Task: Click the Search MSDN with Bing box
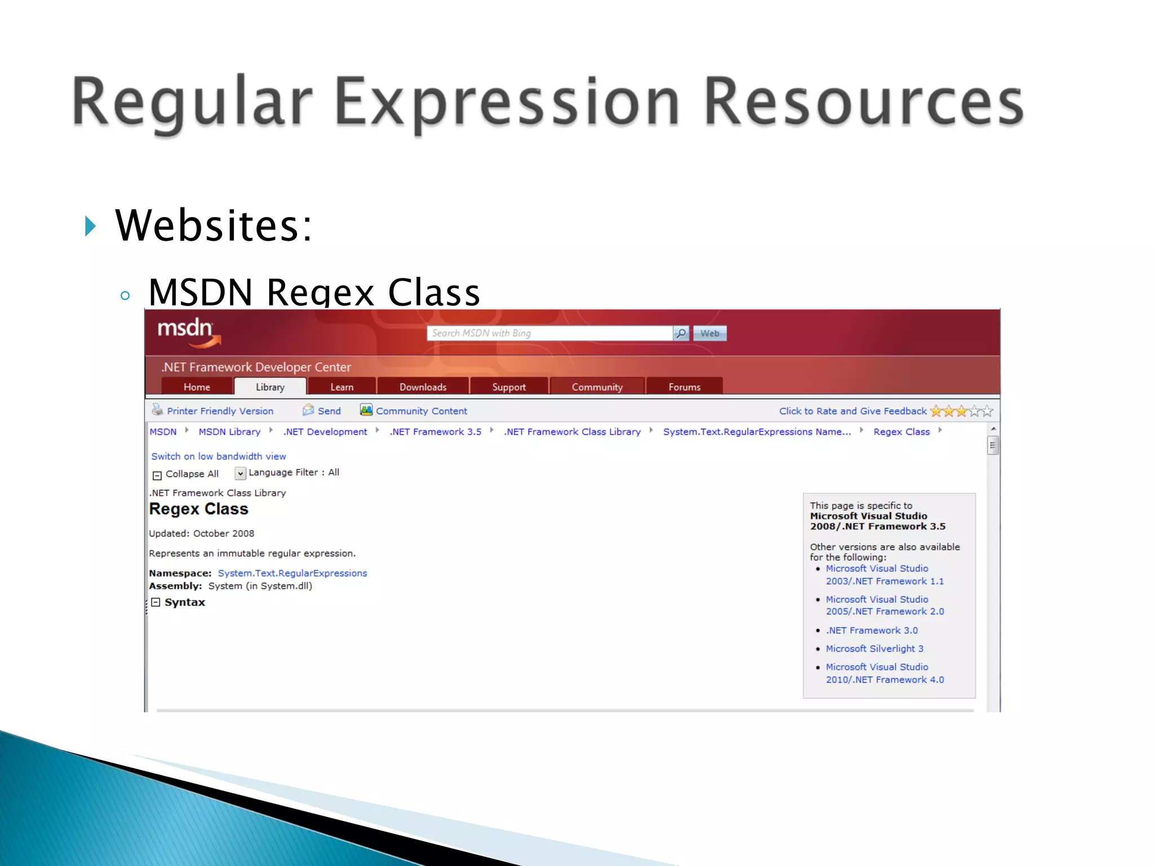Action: [x=549, y=333]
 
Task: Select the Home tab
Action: [x=197, y=387]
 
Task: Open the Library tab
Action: [x=270, y=387]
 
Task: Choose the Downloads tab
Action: [x=423, y=387]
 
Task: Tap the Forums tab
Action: [x=684, y=387]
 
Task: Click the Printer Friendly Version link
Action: [x=220, y=411]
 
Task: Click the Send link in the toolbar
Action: [x=329, y=411]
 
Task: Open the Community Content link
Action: [x=421, y=411]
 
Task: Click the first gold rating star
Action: [x=936, y=411]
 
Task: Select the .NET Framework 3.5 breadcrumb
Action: [x=435, y=432]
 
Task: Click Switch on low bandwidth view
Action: [x=218, y=456]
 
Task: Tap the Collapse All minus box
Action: [x=157, y=475]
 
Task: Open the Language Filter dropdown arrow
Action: [x=240, y=473]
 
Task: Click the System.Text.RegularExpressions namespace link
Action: [x=292, y=573]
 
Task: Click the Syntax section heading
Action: [x=184, y=602]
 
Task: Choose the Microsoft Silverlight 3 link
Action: [x=874, y=648]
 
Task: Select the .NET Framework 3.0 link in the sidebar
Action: [x=871, y=630]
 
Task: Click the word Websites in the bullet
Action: [x=213, y=226]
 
